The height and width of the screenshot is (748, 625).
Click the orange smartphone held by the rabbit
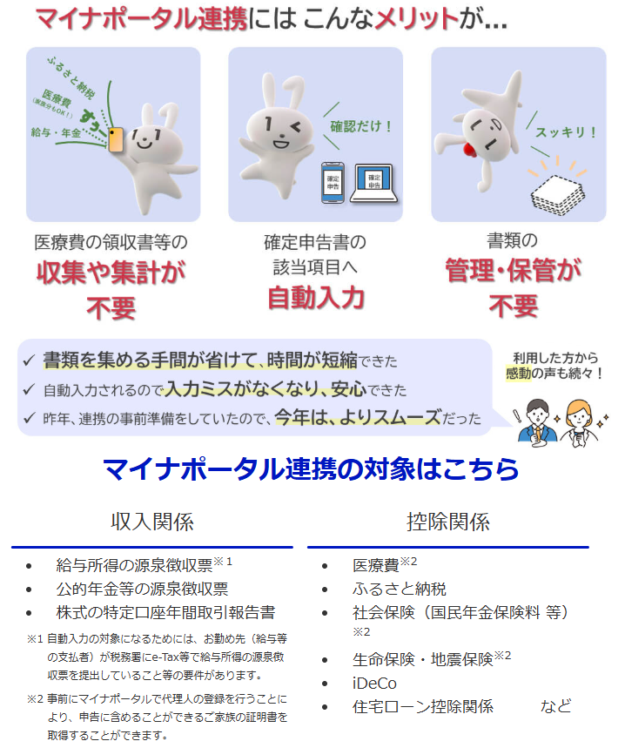click(x=116, y=140)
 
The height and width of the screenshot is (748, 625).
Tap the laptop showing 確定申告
click(x=374, y=184)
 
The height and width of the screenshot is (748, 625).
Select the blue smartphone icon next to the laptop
click(x=333, y=183)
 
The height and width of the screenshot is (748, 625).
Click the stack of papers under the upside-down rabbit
click(x=558, y=195)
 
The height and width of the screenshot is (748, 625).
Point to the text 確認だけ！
click(x=361, y=126)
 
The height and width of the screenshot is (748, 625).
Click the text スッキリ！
click(x=566, y=132)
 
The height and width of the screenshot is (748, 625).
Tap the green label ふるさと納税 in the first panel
click(x=71, y=77)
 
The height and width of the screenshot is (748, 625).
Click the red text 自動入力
click(x=316, y=298)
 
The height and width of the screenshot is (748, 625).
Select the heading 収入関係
click(x=152, y=522)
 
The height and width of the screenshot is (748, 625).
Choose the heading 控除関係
click(x=448, y=522)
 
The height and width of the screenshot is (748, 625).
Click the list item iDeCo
click(x=374, y=683)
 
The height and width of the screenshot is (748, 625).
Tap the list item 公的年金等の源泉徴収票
click(x=142, y=589)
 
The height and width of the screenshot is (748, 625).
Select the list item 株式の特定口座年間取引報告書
click(x=165, y=612)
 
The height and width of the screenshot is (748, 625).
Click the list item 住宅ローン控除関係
click(x=423, y=706)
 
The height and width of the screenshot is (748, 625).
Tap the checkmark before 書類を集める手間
click(x=29, y=361)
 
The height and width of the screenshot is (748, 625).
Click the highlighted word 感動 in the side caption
click(x=518, y=373)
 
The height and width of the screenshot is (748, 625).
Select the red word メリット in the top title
click(x=417, y=19)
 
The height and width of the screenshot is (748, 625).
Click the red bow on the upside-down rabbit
click(x=470, y=150)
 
